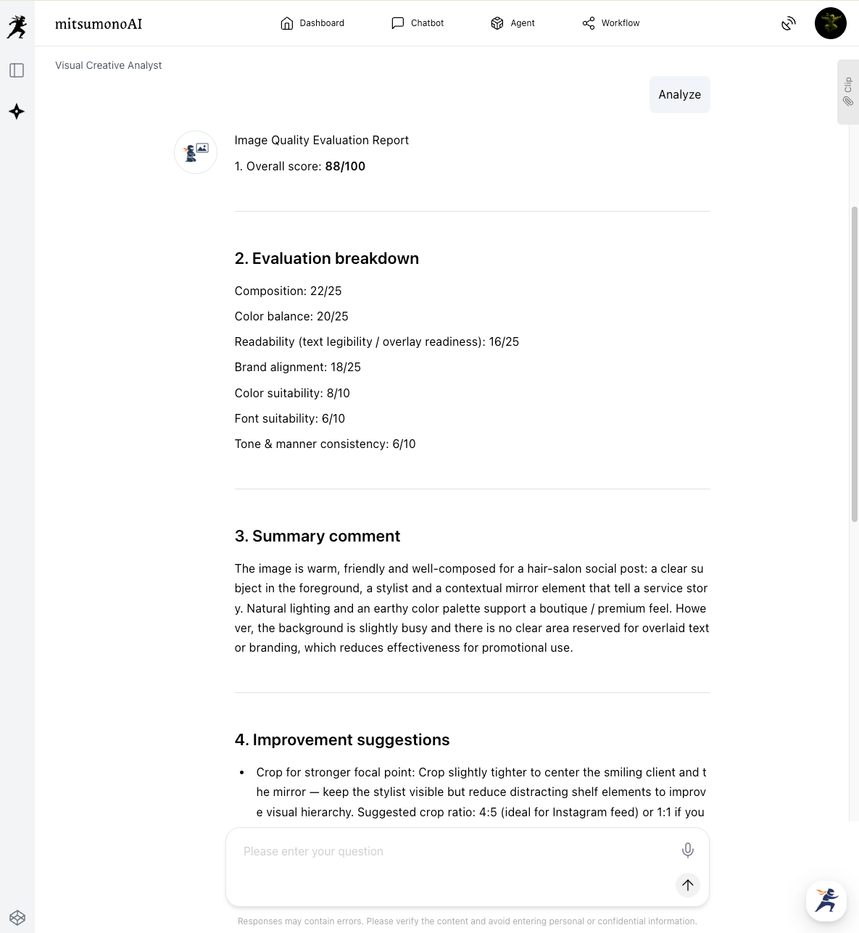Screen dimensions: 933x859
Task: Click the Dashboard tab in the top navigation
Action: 312,23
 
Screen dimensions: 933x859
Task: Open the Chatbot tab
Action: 418,23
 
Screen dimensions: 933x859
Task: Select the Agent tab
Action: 513,23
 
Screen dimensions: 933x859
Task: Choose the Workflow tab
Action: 611,23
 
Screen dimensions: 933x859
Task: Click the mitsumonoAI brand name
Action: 99,24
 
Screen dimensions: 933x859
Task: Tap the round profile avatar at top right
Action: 830,23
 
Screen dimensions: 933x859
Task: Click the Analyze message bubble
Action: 679,94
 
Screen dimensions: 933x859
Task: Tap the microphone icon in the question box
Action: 687,850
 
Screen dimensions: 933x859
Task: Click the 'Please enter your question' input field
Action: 449,852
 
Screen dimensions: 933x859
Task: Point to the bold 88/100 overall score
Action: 345,166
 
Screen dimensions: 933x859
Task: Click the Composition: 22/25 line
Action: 288,291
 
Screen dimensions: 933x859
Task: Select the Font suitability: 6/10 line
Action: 289,418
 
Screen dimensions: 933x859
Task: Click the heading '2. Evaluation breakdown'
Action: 326,259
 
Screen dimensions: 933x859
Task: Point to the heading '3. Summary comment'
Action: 317,536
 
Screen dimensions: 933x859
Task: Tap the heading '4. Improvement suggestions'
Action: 341,739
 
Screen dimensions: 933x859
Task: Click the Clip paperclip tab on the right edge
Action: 847,92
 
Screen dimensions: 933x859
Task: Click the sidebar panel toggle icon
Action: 17,70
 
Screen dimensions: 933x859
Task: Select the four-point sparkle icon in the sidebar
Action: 17,112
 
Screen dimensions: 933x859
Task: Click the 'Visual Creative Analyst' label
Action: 108,65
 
